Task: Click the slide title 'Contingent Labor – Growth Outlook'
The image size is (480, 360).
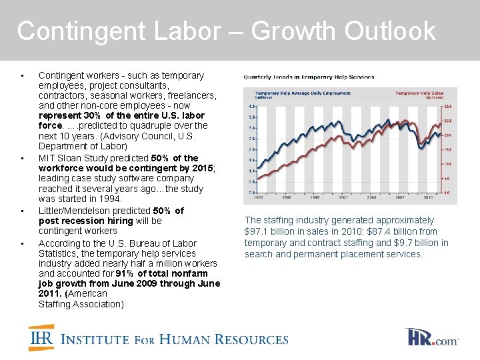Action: [226, 31]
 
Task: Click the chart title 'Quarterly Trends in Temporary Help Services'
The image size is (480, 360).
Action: [309, 77]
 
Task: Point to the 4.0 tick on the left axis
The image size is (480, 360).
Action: [251, 106]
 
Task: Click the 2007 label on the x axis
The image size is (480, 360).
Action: [401, 198]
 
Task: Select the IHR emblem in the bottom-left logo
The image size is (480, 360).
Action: [41, 338]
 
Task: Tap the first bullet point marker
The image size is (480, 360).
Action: [23, 75]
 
